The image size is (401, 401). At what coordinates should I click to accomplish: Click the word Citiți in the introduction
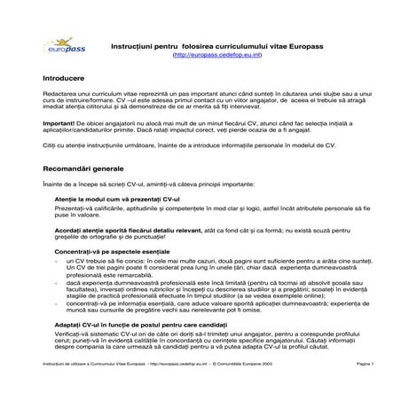48,147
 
